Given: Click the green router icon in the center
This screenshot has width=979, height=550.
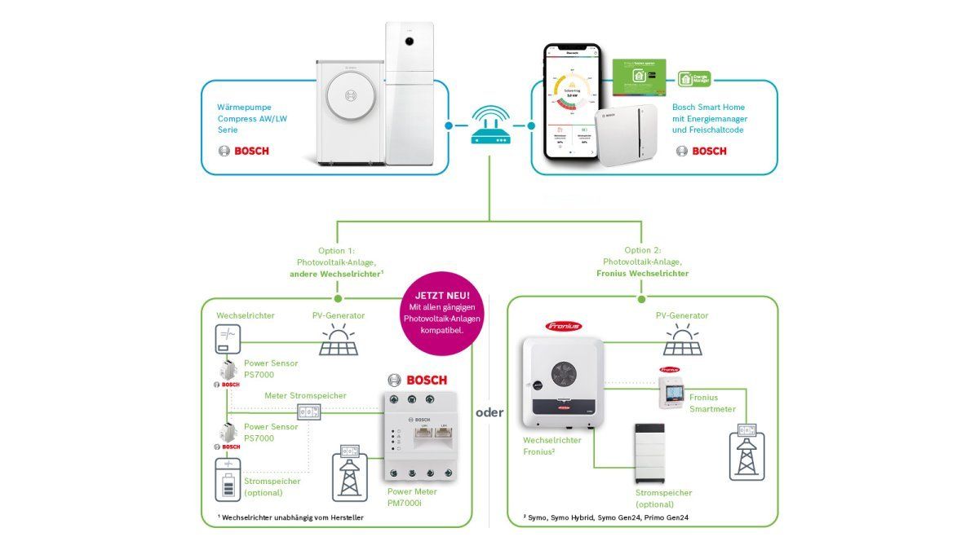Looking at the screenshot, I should (489, 128).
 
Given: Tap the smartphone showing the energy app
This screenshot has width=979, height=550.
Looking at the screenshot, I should (574, 100).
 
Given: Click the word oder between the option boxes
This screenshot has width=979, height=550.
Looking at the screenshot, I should (489, 412).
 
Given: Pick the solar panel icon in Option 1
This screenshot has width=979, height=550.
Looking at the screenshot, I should (337, 341).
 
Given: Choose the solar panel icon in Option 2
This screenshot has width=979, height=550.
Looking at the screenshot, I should (682, 341).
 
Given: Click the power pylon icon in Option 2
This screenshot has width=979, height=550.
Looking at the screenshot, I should (745, 450).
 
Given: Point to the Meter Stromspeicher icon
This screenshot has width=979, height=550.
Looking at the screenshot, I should (310, 411).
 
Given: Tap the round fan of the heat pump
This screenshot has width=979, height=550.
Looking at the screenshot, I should (352, 96).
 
